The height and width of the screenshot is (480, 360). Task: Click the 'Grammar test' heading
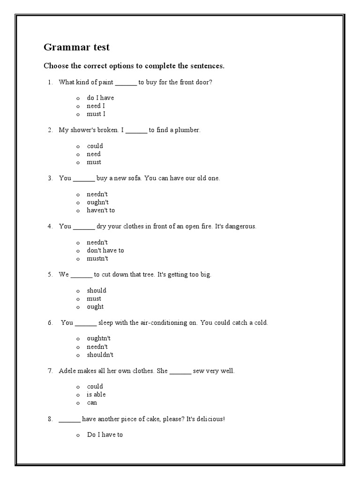pos(76,47)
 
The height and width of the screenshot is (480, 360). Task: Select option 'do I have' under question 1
pos(100,98)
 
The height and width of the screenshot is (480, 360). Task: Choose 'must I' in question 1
pos(96,114)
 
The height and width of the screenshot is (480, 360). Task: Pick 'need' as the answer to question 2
pos(94,154)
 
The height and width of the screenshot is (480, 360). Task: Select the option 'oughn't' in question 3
pos(97,202)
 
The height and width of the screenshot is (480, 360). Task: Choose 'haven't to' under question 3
pos(101,210)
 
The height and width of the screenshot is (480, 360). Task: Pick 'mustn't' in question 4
pos(97,259)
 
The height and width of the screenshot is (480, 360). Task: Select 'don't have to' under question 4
pos(105,251)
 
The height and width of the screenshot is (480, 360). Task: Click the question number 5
pos(50,275)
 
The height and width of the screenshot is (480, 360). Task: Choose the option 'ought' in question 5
pos(95,307)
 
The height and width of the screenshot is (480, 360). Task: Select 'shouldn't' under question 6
pos(100,355)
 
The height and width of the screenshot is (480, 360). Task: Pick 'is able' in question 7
pos(96,395)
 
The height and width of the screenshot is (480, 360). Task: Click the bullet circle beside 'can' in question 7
pos(78,403)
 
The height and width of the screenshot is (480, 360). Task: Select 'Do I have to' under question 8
pos(105,435)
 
